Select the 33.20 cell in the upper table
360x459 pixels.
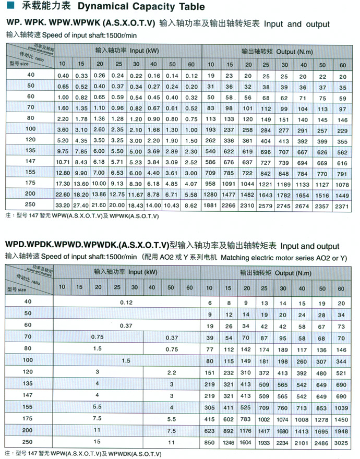[x=63, y=206]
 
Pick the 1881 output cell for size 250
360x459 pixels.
[x=210, y=206]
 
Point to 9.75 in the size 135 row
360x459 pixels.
[x=63, y=151]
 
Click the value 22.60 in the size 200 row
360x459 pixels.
[x=63, y=195]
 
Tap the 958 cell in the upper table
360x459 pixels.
[x=210, y=184]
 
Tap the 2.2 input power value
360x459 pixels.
[x=171, y=372]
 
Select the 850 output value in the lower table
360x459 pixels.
[x=210, y=443]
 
